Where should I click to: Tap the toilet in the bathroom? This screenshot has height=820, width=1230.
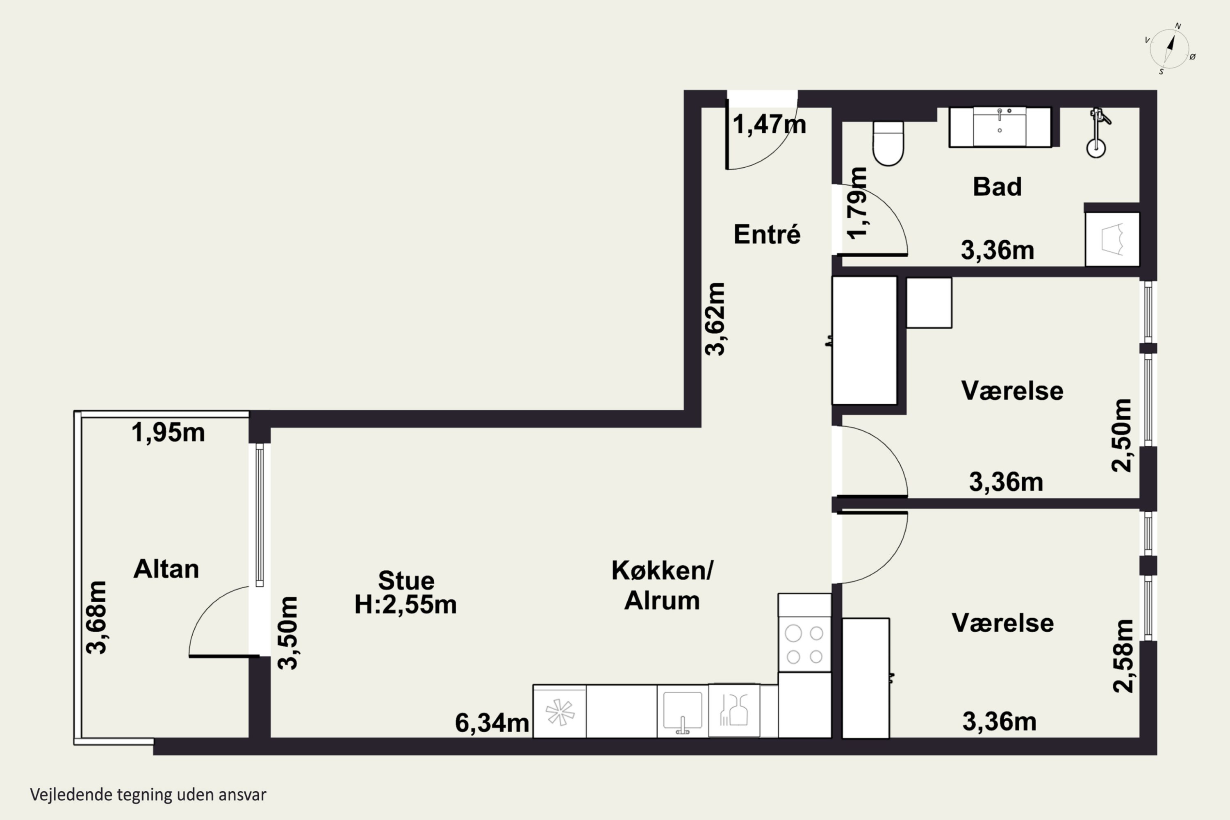tap(888, 143)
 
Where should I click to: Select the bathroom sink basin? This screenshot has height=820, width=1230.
tap(1000, 127)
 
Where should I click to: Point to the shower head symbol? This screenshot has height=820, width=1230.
tap(1097, 133)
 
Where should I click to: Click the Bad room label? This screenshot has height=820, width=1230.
tap(997, 187)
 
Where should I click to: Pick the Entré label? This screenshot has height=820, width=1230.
tap(767, 234)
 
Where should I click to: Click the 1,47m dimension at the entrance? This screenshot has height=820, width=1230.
tap(769, 125)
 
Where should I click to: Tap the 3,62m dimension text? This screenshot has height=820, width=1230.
tap(715, 319)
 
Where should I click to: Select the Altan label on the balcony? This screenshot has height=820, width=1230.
tap(166, 569)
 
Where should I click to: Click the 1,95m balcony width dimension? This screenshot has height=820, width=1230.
tap(168, 433)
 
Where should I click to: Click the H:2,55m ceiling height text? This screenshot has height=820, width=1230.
tap(405, 604)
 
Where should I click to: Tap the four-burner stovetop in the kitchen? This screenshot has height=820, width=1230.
tap(804, 644)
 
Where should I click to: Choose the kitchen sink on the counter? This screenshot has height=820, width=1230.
tap(683, 712)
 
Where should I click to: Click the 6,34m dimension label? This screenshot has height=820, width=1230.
tap(492, 723)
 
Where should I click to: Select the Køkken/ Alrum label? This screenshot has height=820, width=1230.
tap(662, 585)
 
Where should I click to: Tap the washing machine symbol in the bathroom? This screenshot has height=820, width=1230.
tap(1112, 239)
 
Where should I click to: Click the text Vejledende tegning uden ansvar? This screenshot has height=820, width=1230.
tap(148, 795)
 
